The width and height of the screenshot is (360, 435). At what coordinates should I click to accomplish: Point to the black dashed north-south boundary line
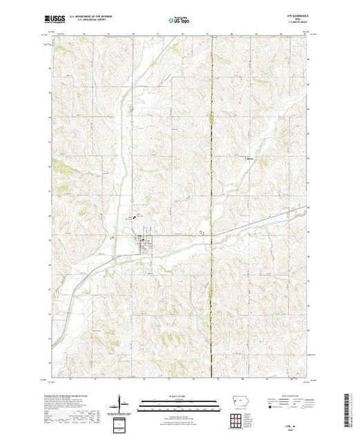click(x=211, y=138)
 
